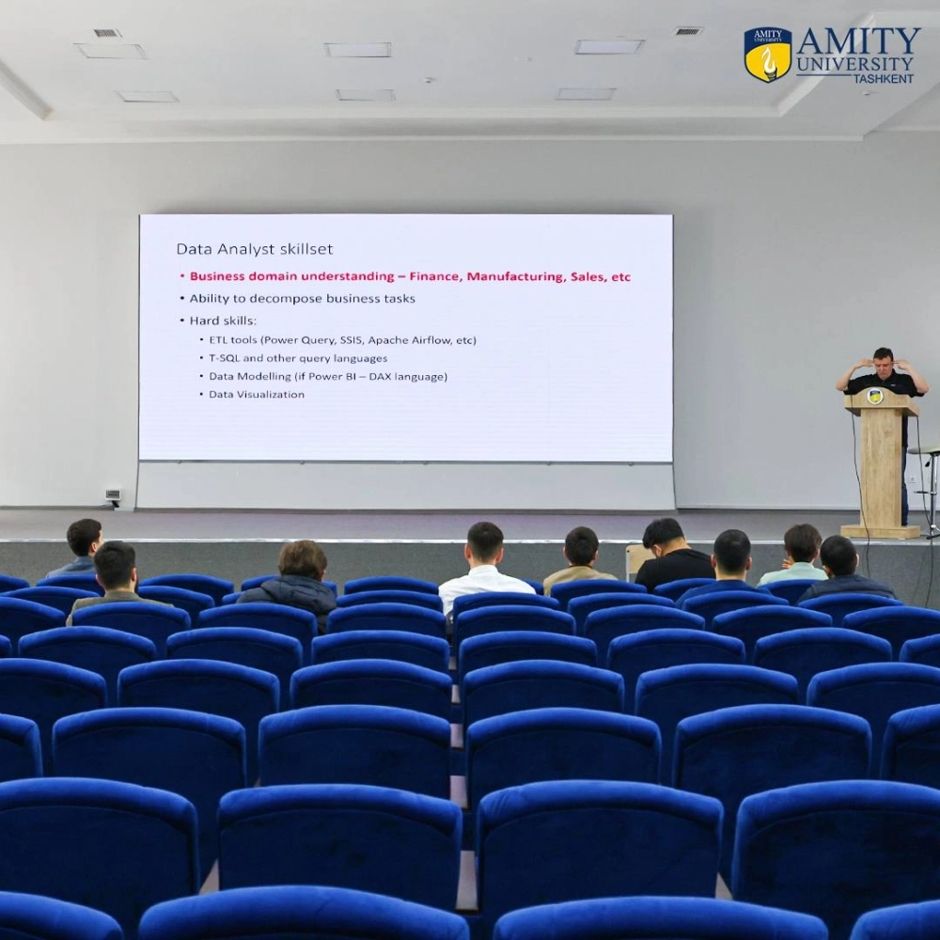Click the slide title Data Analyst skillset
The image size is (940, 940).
pyautogui.click(x=254, y=249)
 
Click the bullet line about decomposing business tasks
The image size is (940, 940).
pyautogui.click(x=302, y=299)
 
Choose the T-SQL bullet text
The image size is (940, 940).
pyautogui.click(x=298, y=358)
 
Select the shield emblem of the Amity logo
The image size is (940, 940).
pyautogui.click(x=767, y=55)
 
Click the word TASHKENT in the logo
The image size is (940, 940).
pyautogui.click(x=884, y=79)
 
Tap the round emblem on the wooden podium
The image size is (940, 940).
pyautogui.click(x=874, y=397)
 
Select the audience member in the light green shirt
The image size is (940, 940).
pyautogui.click(x=795, y=555)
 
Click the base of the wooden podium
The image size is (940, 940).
pyautogui.click(x=880, y=531)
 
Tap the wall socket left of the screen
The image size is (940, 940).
pyautogui.click(x=113, y=494)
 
